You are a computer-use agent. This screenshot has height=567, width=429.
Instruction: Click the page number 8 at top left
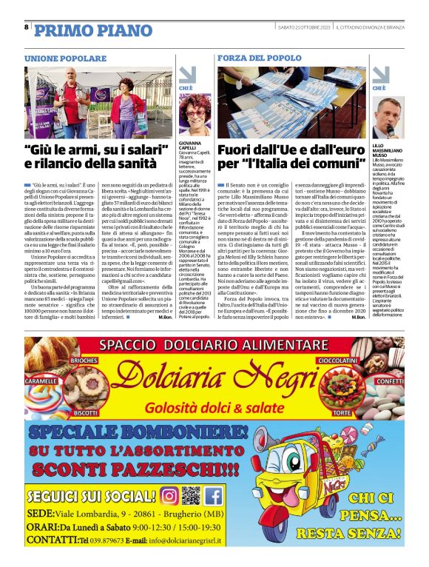point(27,27)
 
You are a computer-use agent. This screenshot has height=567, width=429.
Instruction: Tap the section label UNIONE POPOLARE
point(65,58)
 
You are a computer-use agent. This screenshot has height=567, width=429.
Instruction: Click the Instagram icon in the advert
point(169,495)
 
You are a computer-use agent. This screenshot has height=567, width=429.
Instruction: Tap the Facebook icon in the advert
point(214,495)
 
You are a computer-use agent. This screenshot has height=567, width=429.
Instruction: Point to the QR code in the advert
point(191,495)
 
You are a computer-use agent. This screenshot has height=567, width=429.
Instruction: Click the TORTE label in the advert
point(342,412)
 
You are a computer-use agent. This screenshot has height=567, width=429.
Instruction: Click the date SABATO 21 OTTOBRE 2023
point(303,27)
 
